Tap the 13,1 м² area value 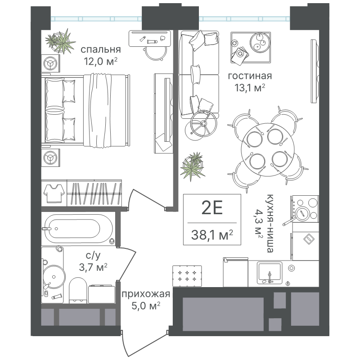coord(246,87)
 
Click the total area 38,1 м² coord(211,234)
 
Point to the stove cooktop coord(305,210)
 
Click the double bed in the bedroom coord(85,110)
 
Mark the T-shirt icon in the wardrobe coord(54,192)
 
